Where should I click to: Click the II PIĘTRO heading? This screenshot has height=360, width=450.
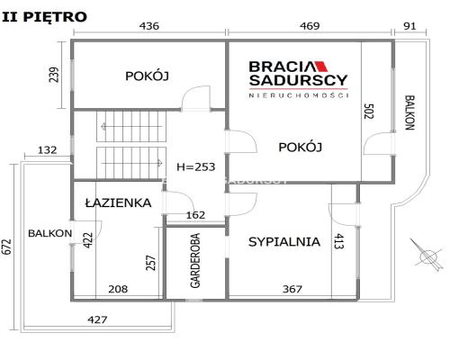pos(44,17)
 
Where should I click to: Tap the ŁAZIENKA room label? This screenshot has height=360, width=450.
pos(118,202)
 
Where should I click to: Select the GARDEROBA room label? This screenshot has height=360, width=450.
pos(195,261)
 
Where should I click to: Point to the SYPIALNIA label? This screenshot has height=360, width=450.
pos(284,242)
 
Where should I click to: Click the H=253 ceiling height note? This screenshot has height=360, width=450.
pos(196,166)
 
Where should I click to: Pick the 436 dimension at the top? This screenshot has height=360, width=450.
pos(149,26)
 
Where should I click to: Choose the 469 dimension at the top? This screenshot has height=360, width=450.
pos(310,26)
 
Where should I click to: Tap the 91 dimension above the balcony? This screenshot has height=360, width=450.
pos(409,26)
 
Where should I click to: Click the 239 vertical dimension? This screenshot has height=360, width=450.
pos(54,75)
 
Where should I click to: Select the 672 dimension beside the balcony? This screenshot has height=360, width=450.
pos(6,247)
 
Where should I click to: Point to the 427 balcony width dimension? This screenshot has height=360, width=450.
pos(97,319)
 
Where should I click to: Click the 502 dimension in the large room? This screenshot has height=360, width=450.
pos(369,112)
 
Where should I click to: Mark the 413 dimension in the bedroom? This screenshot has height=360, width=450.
pos(338,241)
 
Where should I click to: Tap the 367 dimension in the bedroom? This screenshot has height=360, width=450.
pos(292,289)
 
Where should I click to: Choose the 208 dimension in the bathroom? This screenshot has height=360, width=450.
pos(118,289)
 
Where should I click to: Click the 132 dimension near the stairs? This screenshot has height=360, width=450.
pos(48,149)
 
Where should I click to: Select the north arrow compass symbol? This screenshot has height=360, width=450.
pos(427,256)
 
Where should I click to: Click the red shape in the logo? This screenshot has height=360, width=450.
pos(320,66)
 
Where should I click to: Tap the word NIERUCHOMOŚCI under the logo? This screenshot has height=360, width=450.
pos(299,95)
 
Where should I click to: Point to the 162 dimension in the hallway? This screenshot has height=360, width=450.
pos(196,215)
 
